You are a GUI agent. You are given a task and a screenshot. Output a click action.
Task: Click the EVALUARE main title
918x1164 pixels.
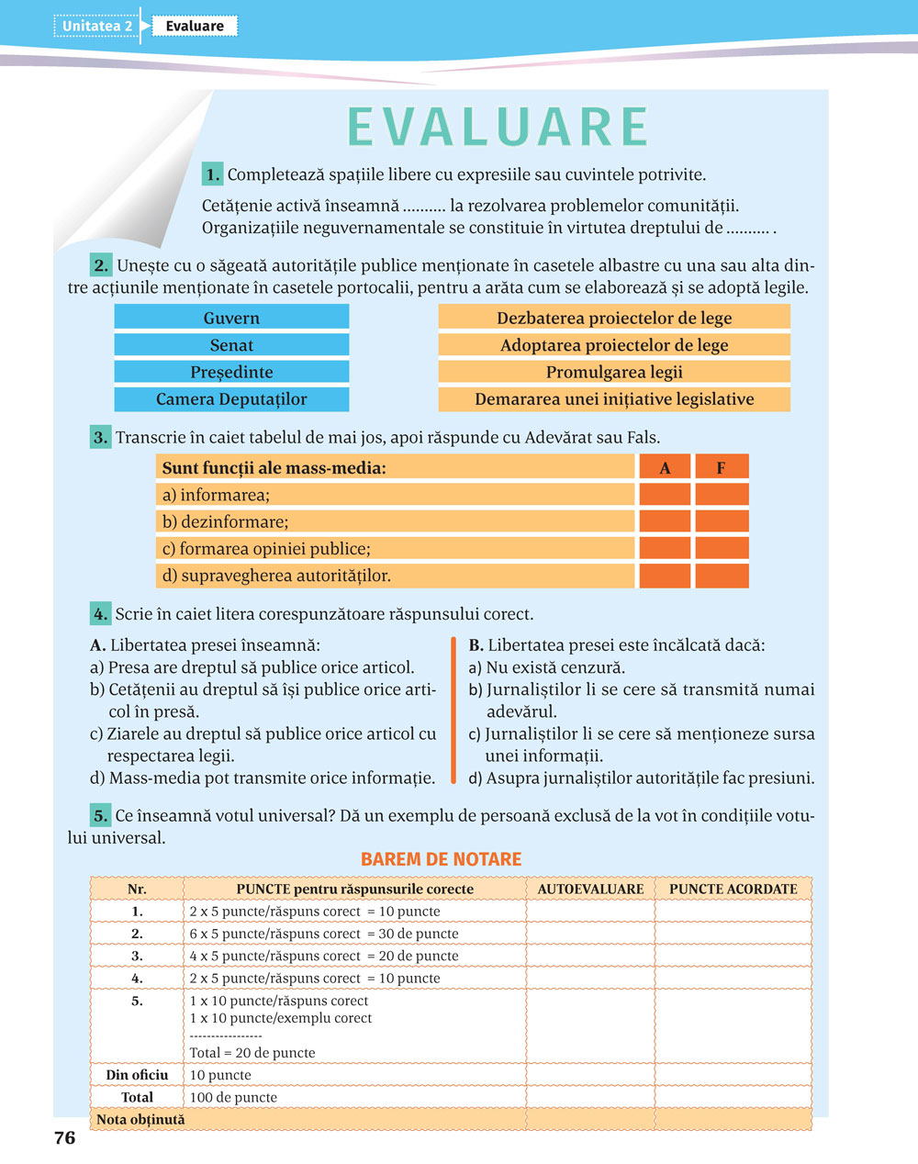[498, 127]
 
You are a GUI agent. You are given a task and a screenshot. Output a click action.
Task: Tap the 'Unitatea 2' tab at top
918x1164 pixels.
[96, 26]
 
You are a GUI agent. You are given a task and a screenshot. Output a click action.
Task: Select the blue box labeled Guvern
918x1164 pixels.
[231, 318]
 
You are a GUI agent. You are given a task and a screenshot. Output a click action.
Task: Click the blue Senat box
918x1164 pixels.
[231, 345]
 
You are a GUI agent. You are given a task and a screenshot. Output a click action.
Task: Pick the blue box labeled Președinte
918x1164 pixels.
[231, 372]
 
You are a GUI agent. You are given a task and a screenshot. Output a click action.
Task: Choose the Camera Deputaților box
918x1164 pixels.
[231, 399]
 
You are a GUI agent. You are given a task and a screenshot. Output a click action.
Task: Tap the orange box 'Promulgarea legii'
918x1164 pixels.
[614, 372]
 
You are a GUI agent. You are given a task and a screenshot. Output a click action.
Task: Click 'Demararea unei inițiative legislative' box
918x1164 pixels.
[614, 399]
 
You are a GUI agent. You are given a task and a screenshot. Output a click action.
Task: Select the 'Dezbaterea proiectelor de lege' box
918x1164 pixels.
[614, 318]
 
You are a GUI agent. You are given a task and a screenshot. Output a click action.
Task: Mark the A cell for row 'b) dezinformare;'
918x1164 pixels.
[665, 521]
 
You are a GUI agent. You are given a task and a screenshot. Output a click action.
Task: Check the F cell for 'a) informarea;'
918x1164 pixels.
[722, 495]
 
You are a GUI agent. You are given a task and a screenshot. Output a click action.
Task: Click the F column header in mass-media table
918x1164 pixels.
[722, 467]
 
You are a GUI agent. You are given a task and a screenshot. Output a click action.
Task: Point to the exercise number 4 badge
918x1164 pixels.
[101, 613]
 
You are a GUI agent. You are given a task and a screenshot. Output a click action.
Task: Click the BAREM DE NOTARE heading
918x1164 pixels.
[441, 859]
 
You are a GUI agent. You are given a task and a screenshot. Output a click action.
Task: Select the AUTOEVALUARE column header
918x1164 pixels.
[590, 889]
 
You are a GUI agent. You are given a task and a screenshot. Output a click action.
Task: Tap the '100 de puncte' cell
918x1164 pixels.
[233, 1097]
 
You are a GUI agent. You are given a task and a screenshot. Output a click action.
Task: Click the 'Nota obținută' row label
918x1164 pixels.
[140, 1119]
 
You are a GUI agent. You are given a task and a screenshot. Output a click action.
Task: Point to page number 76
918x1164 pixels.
[64, 1138]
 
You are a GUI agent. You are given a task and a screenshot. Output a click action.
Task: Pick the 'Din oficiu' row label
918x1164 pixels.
[137, 1074]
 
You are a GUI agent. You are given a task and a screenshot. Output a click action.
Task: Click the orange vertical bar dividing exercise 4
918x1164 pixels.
[453, 711]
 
